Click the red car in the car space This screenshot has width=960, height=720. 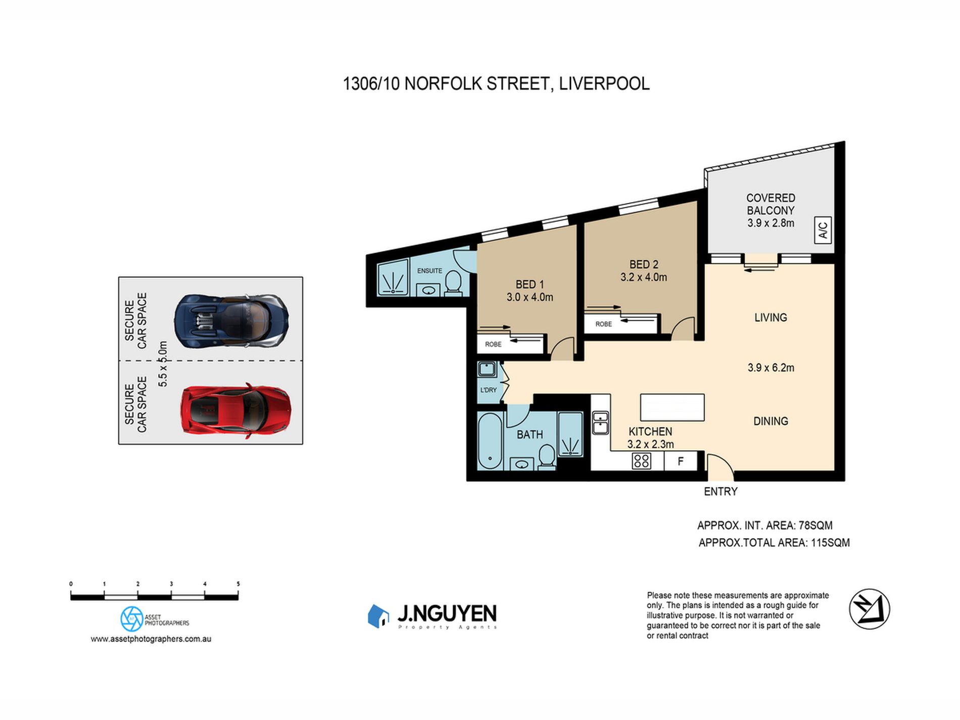point(235,410)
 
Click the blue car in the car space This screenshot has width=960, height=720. point(231,320)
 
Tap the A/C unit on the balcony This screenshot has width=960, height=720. point(823,230)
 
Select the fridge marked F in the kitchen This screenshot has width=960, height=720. point(681,461)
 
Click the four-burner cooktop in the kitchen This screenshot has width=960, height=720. point(641,461)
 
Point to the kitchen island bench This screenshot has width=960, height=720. point(672,407)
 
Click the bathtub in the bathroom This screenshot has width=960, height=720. point(489,441)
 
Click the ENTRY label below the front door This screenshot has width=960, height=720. point(721,492)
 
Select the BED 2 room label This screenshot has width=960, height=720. point(644,264)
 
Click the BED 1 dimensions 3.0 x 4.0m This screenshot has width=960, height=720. point(530,297)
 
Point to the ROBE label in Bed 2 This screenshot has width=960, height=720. point(604,324)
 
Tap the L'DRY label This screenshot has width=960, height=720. point(488,390)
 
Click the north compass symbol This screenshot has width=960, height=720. point(869,609)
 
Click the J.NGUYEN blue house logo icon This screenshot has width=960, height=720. point(378,616)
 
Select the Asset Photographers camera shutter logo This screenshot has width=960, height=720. point(132,619)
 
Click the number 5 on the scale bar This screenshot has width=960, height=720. point(238,584)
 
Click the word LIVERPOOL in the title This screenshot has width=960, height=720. point(604,84)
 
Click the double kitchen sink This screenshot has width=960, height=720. point(600,423)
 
